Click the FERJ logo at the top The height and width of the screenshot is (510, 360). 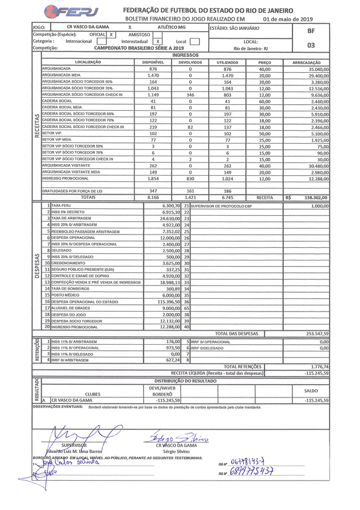coord(73,12)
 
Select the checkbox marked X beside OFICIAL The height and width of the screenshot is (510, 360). coord(111,34)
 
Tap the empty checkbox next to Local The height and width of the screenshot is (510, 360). coord(194,41)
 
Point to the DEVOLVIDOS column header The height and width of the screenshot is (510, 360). coord(190,63)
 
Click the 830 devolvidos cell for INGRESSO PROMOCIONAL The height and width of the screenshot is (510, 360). coord(190,178)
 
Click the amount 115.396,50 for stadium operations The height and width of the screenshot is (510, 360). coord(162,301)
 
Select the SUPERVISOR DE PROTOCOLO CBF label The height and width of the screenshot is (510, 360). coord(217,206)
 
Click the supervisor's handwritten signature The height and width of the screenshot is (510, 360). coord(78,433)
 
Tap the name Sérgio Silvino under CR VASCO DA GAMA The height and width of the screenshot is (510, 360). coord(176,452)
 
